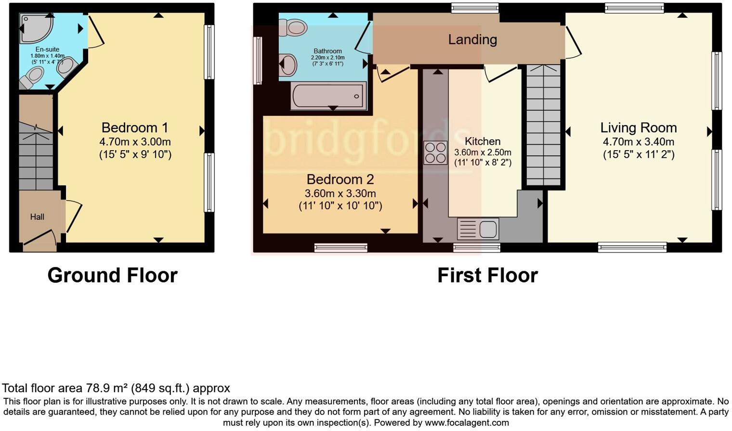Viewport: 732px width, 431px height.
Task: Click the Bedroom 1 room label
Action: pyautogui.click(x=135, y=128)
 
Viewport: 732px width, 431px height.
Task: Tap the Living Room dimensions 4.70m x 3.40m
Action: pyautogui.click(x=638, y=142)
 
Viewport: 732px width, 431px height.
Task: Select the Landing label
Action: pyautogui.click(x=472, y=39)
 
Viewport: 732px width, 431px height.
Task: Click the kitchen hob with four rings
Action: pyautogui.click(x=435, y=153)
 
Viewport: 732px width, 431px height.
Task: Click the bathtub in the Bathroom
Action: pyautogui.click(x=328, y=96)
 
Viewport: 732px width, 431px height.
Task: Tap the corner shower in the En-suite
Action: pyautogui.click(x=35, y=27)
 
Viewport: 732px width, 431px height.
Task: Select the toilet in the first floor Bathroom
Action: pyautogui.click(x=292, y=27)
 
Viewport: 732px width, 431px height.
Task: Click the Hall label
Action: pyautogui.click(x=37, y=217)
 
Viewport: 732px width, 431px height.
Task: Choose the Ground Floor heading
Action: pyautogui.click(x=112, y=276)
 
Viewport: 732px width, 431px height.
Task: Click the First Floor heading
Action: pyautogui.click(x=487, y=276)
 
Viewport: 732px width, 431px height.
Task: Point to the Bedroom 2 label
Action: pyautogui.click(x=340, y=179)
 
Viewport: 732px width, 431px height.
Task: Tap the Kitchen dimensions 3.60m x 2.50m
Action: pyautogui.click(x=483, y=152)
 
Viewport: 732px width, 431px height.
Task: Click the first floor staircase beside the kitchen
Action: pyautogui.click(x=543, y=125)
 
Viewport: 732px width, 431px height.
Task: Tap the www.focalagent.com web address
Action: pyautogui.click(x=467, y=423)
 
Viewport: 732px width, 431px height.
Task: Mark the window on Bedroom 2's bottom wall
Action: pyautogui.click(x=340, y=248)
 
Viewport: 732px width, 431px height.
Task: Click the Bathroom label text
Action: pyautogui.click(x=327, y=51)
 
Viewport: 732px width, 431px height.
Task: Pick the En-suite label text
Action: pyautogui.click(x=47, y=49)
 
